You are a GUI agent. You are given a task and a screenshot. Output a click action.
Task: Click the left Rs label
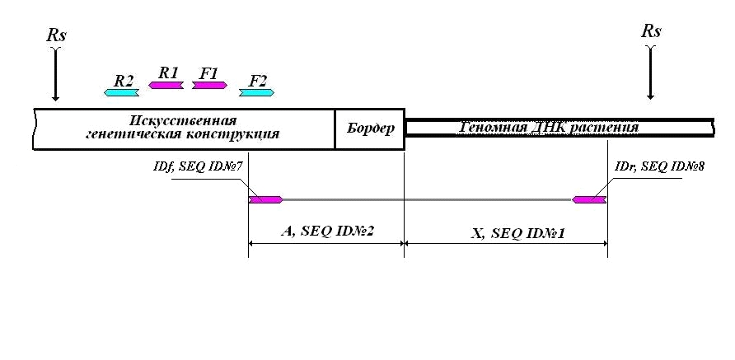point(56,35)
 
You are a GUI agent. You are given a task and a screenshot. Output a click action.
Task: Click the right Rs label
point(651,31)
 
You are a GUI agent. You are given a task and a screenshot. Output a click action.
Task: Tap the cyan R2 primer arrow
point(121,92)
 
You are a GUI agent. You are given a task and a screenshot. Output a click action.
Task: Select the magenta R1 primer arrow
point(166,85)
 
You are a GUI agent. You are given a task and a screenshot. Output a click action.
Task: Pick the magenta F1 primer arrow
point(209,85)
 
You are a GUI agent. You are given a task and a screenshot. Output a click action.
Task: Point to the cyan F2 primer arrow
point(256,92)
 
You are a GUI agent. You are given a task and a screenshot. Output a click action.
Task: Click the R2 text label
point(124,81)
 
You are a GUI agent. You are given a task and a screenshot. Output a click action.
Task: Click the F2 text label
point(257,81)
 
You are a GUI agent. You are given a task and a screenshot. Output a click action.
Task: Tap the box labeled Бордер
point(370,129)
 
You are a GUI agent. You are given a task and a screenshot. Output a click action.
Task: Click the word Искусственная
point(183,121)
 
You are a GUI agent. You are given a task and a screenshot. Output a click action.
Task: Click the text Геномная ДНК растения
point(548,127)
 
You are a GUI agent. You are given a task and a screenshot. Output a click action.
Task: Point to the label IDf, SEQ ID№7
point(197,167)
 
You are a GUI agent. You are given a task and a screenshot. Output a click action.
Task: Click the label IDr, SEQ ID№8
point(659,166)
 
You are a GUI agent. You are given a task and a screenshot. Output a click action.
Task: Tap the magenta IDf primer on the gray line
point(265,199)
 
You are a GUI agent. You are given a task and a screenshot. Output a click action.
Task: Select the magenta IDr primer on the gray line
point(589,199)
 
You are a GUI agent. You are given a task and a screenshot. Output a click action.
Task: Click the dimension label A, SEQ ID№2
point(327,231)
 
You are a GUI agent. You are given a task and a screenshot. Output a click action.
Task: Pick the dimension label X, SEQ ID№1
point(517,234)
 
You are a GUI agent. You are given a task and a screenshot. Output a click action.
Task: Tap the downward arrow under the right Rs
point(650,72)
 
